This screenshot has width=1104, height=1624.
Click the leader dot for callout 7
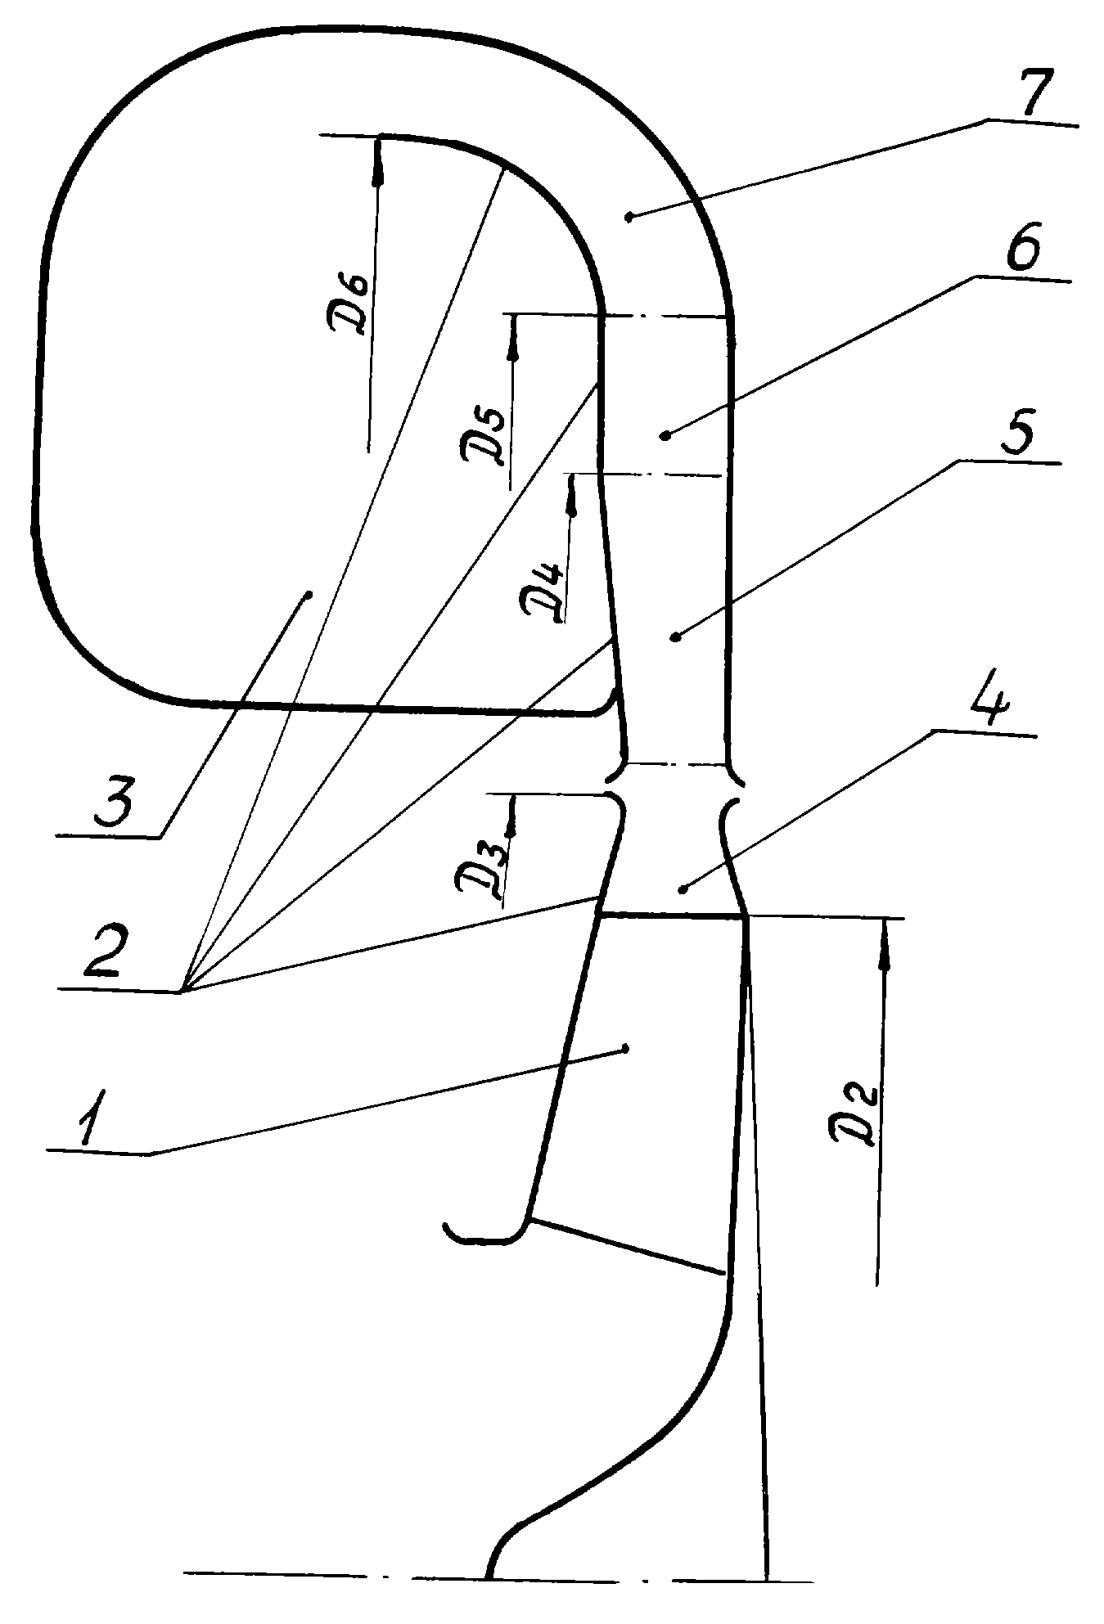pyautogui.click(x=629, y=217)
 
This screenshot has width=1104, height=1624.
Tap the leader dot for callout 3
pyautogui.click(x=309, y=596)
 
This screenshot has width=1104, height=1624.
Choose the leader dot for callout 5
pyautogui.click(x=674, y=636)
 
